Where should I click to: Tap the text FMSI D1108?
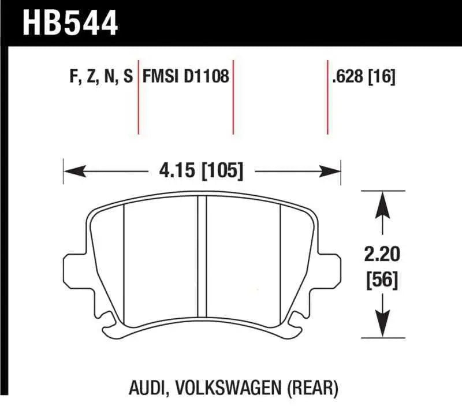pos(185,77)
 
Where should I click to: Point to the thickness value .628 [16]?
pos(363,77)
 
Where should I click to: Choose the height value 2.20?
pos(381,254)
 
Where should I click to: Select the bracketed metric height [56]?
pos(381,281)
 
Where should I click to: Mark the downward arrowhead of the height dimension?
pos(381,326)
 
